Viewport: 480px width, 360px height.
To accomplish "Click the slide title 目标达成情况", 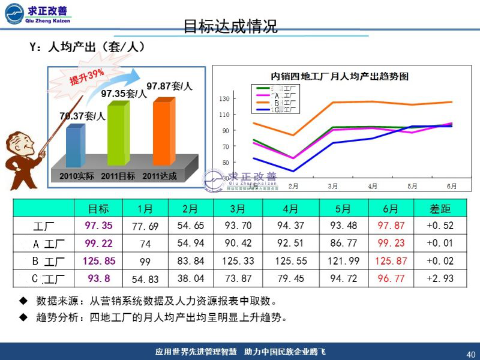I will pyautogui.click(x=230, y=26).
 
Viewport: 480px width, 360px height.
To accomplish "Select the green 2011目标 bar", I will pyautogui.click(x=118, y=135).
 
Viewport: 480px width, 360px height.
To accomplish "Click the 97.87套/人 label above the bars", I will pyautogui.click(x=169, y=86).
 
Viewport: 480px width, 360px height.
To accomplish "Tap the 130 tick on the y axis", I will pyautogui.click(x=224, y=98).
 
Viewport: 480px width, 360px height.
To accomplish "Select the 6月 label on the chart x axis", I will pyautogui.click(x=451, y=186).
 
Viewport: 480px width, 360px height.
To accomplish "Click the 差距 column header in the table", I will pyautogui.click(x=440, y=209).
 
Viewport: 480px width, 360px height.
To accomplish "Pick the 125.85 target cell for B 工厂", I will pyautogui.click(x=99, y=261).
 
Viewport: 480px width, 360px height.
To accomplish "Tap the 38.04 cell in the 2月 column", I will pyautogui.click(x=190, y=279).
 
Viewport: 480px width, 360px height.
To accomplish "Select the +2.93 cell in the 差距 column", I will pyautogui.click(x=440, y=279).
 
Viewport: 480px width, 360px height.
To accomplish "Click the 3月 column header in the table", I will pyautogui.click(x=238, y=209).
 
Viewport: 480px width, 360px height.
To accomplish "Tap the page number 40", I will pyautogui.click(x=470, y=353).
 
